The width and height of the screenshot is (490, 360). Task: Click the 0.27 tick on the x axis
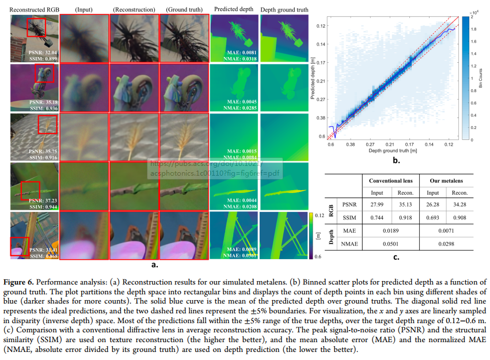coord(371,144)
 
